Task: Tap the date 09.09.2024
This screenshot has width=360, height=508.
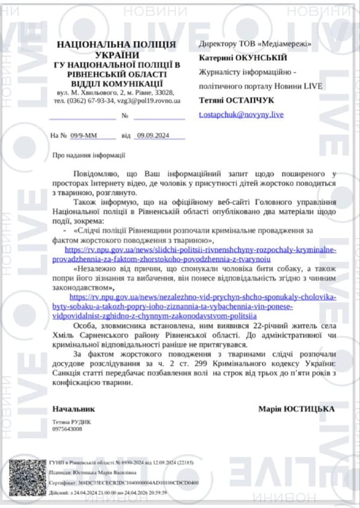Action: pyautogui.click(x=153, y=135)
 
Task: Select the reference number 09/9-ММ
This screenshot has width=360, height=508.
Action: pyautogui.click(x=84, y=135)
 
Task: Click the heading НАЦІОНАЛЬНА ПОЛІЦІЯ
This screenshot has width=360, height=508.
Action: pyautogui.click(x=116, y=44)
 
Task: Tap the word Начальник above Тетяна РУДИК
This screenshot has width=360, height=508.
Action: pyautogui.click(x=70, y=408)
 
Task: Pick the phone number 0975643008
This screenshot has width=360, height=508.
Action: pyautogui.click(x=67, y=429)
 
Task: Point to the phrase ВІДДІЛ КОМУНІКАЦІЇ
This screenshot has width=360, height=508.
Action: pyautogui.click(x=117, y=83)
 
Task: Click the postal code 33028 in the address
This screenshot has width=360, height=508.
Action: pyautogui.click(x=165, y=93)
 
